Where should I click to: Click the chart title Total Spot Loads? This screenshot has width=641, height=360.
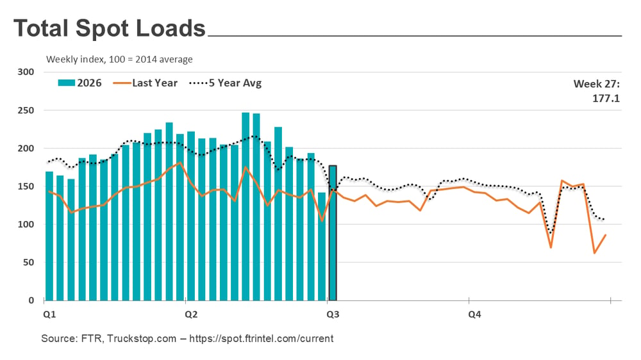[x=110, y=28]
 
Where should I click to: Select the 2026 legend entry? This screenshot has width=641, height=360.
[x=79, y=83]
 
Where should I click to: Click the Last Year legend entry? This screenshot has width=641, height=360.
[x=145, y=83]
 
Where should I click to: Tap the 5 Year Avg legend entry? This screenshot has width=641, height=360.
[x=225, y=83]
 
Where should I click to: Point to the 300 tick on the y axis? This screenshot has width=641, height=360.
[x=26, y=72]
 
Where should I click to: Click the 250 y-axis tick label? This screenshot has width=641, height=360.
[x=26, y=110]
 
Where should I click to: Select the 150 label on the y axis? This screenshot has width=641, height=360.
[x=26, y=186]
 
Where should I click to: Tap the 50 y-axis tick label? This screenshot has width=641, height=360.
[x=29, y=263]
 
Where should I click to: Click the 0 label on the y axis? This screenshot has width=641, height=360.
[x=31, y=300]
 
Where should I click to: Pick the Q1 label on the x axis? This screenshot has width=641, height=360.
[x=49, y=315]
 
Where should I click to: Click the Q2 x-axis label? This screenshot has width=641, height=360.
[x=191, y=315]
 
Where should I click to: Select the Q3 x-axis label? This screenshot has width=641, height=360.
[x=333, y=315]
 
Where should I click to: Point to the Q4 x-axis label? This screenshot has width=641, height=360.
[x=474, y=315]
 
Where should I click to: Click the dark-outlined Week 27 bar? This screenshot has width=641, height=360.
[x=333, y=233]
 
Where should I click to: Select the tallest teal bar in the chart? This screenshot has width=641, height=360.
[x=246, y=206]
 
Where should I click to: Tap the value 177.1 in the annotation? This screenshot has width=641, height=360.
[x=606, y=99]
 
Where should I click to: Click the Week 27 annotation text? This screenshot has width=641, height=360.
[x=596, y=84]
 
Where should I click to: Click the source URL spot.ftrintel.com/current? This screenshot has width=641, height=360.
[x=262, y=338]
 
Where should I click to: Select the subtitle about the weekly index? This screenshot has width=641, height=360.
[x=119, y=60]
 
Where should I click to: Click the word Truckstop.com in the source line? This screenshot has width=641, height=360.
[x=142, y=338]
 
